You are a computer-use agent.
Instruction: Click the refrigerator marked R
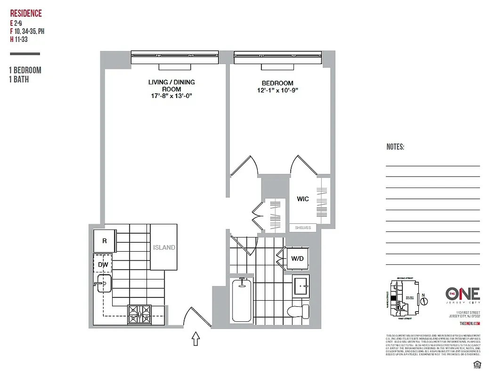point(105,241)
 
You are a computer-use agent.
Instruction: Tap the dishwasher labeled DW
point(103,265)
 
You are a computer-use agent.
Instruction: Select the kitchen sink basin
point(103,284)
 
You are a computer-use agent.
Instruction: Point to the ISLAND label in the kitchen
point(163,247)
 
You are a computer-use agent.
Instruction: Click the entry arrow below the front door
point(196,339)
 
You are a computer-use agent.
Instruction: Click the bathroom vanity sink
point(300,285)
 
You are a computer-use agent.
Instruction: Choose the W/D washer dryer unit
point(297,258)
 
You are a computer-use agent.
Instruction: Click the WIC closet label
point(303,199)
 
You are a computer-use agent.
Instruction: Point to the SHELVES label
point(303,228)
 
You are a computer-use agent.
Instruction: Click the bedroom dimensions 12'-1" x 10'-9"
point(278,90)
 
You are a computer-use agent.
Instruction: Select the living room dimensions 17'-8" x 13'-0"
point(171,96)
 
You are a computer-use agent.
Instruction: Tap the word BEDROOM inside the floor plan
point(277,83)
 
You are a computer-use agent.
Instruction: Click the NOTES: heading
point(395,147)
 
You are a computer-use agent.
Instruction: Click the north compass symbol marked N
point(423,300)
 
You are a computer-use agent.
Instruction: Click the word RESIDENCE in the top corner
point(26,14)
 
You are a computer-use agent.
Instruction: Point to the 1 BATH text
point(19,80)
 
